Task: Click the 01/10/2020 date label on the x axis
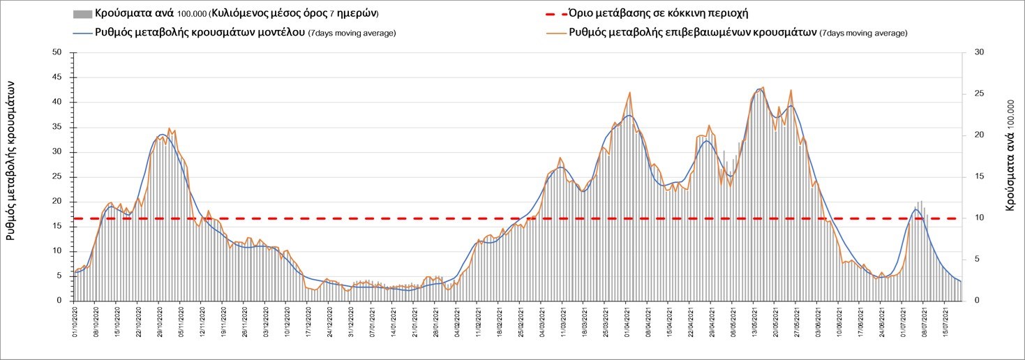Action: point(75,321)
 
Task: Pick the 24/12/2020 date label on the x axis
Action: point(329,321)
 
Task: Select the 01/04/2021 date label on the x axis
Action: point(627,321)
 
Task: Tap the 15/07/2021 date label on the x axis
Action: point(945,321)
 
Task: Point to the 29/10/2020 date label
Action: point(160,321)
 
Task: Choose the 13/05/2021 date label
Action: point(754,321)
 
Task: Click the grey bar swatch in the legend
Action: point(82,14)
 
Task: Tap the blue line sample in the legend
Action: point(82,32)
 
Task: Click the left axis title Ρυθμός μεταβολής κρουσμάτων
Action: point(11,160)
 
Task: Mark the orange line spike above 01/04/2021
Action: point(630,93)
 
